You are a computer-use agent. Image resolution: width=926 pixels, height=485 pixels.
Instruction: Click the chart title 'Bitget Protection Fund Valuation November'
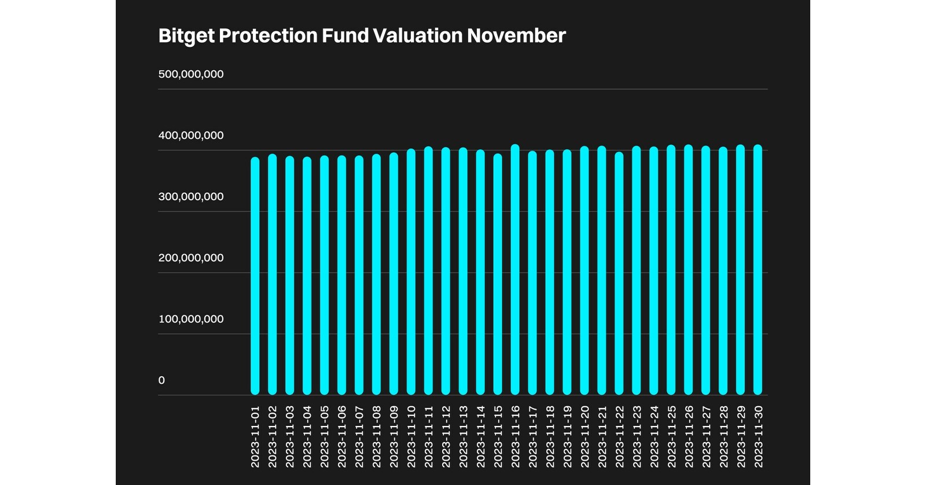coord(362,36)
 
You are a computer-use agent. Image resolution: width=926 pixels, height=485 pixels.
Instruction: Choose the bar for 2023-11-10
coord(411,272)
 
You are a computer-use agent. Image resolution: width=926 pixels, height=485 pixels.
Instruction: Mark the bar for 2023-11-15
coord(498,274)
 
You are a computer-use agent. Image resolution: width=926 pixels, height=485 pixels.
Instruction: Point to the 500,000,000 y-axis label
coord(191,74)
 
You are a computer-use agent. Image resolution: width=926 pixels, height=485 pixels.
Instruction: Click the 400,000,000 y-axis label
coord(191,135)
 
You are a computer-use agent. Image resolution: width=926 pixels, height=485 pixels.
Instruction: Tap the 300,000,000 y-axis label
coord(191,197)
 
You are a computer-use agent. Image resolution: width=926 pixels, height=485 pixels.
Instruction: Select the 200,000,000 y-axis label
coord(191,258)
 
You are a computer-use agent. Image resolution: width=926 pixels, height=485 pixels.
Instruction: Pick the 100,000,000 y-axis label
coord(191,319)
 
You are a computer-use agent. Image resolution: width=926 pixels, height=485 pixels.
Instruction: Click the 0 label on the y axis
coord(161,380)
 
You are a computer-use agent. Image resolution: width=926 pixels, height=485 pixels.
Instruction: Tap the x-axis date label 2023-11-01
coord(255,436)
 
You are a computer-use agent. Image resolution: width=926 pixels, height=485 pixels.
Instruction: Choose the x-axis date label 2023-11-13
coord(463,436)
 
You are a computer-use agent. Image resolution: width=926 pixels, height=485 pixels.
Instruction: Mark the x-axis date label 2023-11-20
coord(585,436)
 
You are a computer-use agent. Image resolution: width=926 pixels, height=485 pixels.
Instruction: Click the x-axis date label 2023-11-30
coord(758,436)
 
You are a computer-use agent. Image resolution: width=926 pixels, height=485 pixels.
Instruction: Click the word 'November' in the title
coord(516,36)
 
